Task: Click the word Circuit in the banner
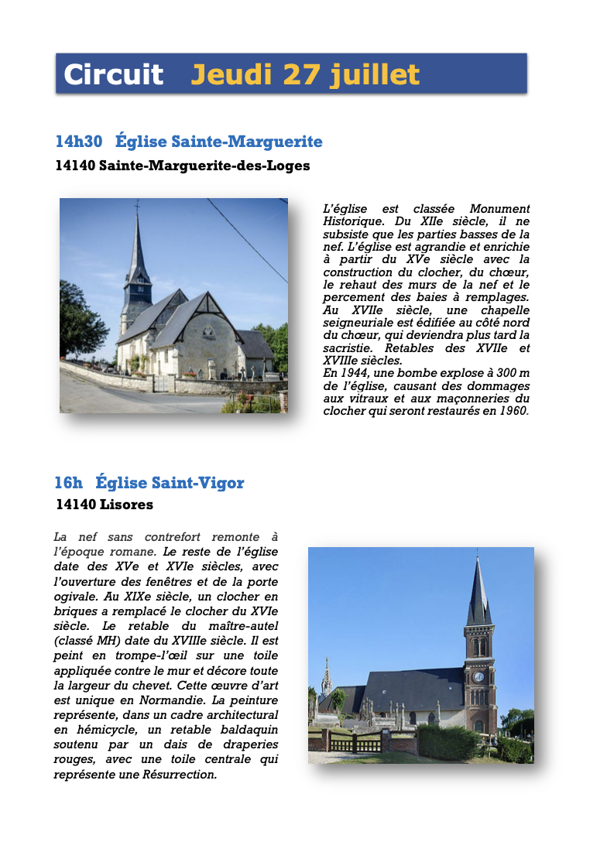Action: (113, 74)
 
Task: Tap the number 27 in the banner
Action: (302, 74)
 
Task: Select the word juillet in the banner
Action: (375, 74)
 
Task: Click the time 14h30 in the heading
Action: (79, 142)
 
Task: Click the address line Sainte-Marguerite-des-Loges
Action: (204, 166)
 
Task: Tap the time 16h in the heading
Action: (68, 483)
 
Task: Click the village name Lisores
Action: (126, 505)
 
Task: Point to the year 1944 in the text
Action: (348, 373)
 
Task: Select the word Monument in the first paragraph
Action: (499, 209)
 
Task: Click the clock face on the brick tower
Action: (478, 676)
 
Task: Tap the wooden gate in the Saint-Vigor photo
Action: (355, 744)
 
